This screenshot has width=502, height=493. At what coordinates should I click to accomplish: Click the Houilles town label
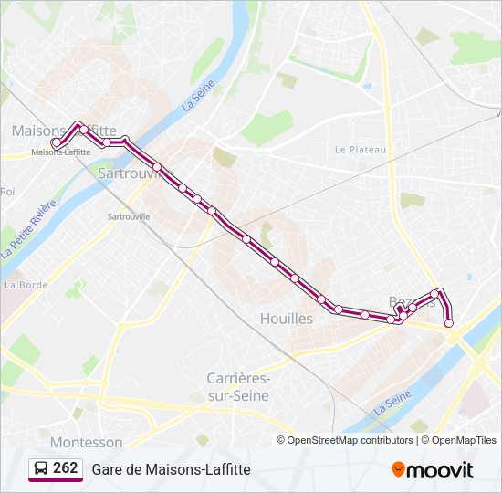click(x=286, y=319)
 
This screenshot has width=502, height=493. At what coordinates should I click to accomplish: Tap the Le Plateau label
click(x=361, y=150)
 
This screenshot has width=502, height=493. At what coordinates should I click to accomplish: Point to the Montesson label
click(x=87, y=442)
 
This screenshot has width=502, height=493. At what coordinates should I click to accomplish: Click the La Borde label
click(x=26, y=285)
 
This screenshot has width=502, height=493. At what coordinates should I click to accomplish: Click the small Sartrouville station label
click(x=128, y=216)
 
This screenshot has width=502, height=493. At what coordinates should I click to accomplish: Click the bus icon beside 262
click(x=41, y=468)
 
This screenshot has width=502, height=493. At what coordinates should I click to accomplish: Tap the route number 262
click(x=66, y=468)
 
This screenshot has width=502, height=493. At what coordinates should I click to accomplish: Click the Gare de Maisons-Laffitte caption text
click(x=171, y=469)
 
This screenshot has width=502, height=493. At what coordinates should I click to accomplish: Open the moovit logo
click(x=433, y=469)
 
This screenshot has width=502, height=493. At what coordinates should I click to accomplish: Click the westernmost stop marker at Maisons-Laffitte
click(x=57, y=142)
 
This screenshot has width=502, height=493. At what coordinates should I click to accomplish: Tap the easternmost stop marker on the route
click(x=448, y=322)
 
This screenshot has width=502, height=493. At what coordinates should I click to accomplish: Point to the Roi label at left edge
click(x=7, y=191)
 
